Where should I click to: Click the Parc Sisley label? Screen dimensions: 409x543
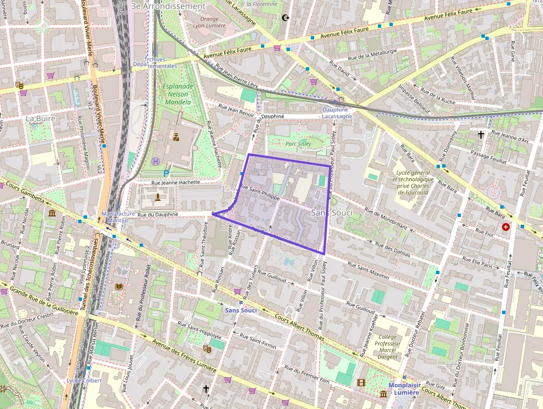pyautogui.click(x=298, y=144)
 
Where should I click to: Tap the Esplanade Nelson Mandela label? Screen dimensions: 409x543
pyautogui.click(x=177, y=94)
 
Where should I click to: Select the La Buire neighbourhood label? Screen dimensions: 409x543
pyautogui.click(x=40, y=118)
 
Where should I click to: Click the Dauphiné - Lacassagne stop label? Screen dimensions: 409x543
pyautogui.click(x=336, y=113)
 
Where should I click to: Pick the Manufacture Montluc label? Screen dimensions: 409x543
pyautogui.click(x=119, y=217)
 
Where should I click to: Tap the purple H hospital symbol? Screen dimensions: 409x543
pyautogui.click(x=155, y=161)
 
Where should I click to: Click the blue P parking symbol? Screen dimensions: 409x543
pyautogui.click(x=166, y=173)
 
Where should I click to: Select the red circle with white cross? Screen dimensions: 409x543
pyautogui.click(x=505, y=227)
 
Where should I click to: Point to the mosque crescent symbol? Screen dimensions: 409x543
pyautogui.click(x=286, y=18)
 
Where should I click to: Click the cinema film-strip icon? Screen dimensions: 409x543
pyautogui.click(x=361, y=382)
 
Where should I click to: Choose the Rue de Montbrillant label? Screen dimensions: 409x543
pyautogui.click(x=386, y=218)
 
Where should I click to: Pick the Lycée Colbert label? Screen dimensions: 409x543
pyautogui.click(x=84, y=381)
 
